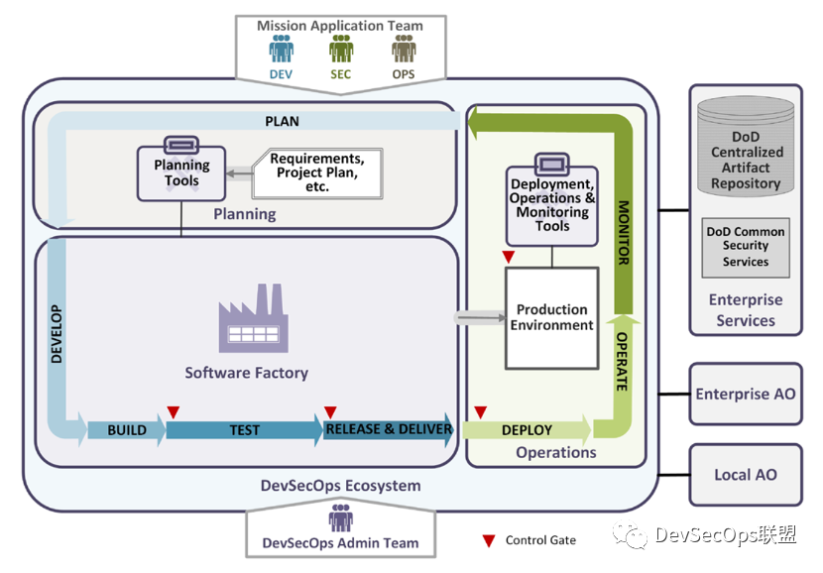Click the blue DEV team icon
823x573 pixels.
pyautogui.click(x=282, y=50)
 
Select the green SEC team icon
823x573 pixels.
pyautogui.click(x=341, y=50)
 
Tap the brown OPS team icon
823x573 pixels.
pyautogui.click(x=404, y=50)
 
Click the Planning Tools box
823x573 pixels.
pyautogui.click(x=181, y=173)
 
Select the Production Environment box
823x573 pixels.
pyautogui.click(x=553, y=317)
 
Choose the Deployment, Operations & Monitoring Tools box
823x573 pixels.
pyautogui.click(x=552, y=204)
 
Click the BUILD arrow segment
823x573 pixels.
pyautogui.click(x=127, y=430)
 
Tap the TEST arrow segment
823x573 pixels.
pyautogui.click(x=245, y=430)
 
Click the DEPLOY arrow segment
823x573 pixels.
pyautogui.click(x=527, y=430)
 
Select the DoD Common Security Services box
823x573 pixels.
pyautogui.click(x=746, y=247)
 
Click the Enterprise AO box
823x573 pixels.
pyautogui.click(x=745, y=394)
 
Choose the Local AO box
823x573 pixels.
pyautogui.click(x=745, y=475)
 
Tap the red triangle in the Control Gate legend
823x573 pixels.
pyautogui.click(x=488, y=541)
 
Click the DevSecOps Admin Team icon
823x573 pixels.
pyautogui.click(x=340, y=518)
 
